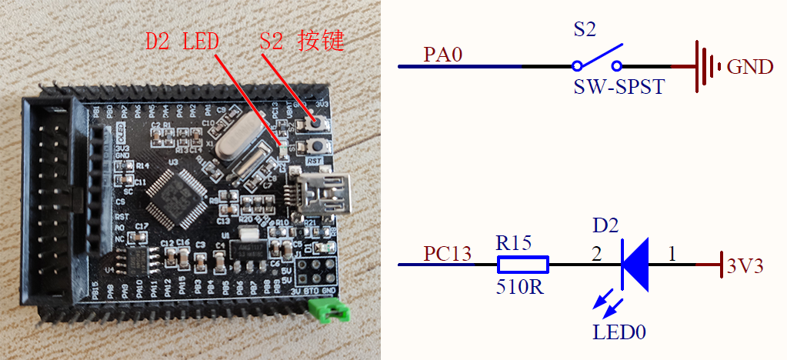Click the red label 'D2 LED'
point(182,41)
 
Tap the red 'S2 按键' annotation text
point(302,41)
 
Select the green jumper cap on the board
point(327,309)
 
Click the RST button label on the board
point(313,162)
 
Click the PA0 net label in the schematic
point(443,56)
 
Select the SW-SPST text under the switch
point(619,88)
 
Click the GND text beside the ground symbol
point(749,67)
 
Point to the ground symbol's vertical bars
point(702,67)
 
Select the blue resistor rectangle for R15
point(523,265)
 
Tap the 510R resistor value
point(519,291)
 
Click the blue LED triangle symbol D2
point(635,265)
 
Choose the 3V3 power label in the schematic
point(745,266)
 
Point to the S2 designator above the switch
point(585,32)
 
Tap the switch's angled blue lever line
point(599,56)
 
